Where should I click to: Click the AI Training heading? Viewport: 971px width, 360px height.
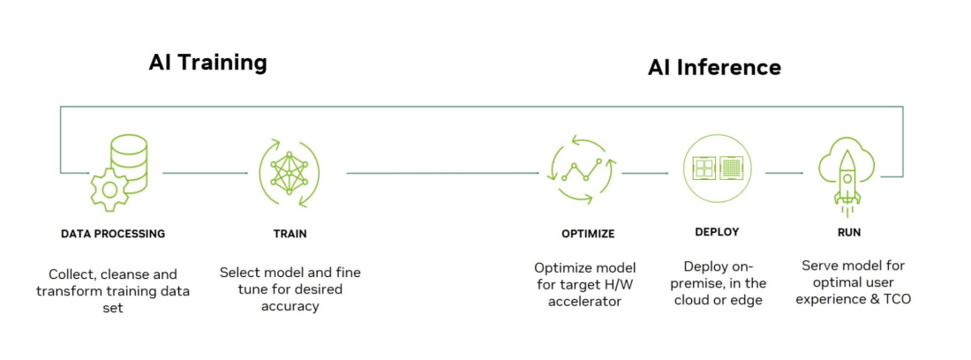pos(207,63)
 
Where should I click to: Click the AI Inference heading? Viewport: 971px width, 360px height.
pos(714,67)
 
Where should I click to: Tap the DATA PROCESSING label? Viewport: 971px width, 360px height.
pos(113,234)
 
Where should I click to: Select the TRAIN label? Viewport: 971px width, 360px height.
pos(290,234)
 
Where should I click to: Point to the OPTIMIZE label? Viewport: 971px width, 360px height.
pos(588,234)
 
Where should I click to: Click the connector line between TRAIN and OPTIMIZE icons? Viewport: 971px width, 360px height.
pos(443,173)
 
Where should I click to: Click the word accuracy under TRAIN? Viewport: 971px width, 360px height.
pos(290,305)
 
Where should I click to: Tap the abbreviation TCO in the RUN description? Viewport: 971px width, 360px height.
pos(897,299)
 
